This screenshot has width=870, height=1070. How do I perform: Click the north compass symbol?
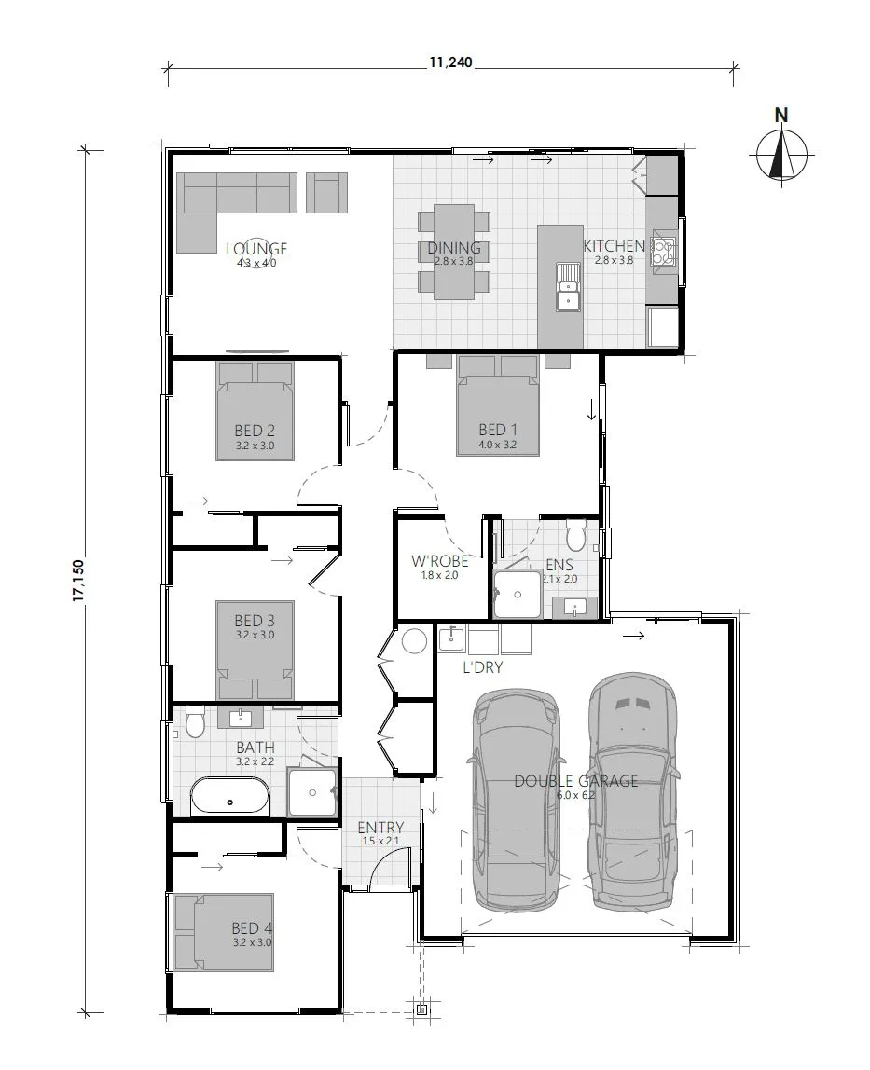click(781, 155)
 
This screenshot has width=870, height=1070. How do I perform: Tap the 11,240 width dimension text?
click(450, 63)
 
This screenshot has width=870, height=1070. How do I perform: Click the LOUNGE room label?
click(256, 249)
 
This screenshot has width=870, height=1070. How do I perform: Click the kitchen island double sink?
click(566, 286)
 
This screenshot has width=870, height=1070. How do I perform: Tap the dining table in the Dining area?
click(454, 252)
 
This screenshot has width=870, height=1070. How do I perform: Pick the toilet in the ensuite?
click(575, 536)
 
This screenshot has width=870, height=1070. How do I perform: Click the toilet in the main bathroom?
click(195, 721)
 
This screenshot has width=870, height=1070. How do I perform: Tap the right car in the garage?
click(633, 792)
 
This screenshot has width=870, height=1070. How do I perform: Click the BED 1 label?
click(498, 430)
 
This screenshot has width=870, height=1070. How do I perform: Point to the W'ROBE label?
click(439, 561)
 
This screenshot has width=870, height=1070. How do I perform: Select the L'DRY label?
click(483, 668)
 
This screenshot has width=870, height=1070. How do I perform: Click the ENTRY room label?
click(380, 828)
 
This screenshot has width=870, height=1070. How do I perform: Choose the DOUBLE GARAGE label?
click(575, 781)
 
